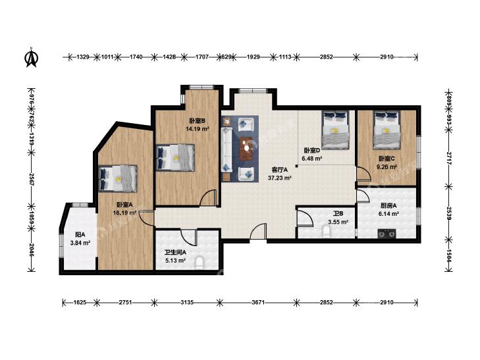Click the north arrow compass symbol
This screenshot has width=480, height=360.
click(x=30, y=57)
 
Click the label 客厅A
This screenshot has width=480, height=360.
click(x=280, y=169)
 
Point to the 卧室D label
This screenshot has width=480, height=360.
click(x=312, y=151)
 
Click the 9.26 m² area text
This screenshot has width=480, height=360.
click(x=387, y=167)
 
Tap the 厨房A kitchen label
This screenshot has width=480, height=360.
click(x=387, y=205)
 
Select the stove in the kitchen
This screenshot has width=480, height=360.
click(x=387, y=234)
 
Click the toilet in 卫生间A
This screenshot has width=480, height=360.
click(x=200, y=263)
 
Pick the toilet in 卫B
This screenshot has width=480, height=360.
click(x=327, y=232)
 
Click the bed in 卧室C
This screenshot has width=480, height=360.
click(x=387, y=130)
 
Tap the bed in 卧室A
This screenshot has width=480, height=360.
click(x=118, y=178)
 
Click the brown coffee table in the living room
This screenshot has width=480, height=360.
click(x=246, y=148)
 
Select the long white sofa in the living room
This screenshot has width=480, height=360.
click(x=227, y=150)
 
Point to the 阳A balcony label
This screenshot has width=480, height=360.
click(x=80, y=235)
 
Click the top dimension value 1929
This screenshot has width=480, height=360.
click(x=253, y=57)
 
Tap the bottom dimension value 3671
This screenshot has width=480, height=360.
click(x=257, y=303)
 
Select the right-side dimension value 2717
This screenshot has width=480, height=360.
click(x=449, y=158)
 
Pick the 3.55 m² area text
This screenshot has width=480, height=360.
click(x=338, y=222)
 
